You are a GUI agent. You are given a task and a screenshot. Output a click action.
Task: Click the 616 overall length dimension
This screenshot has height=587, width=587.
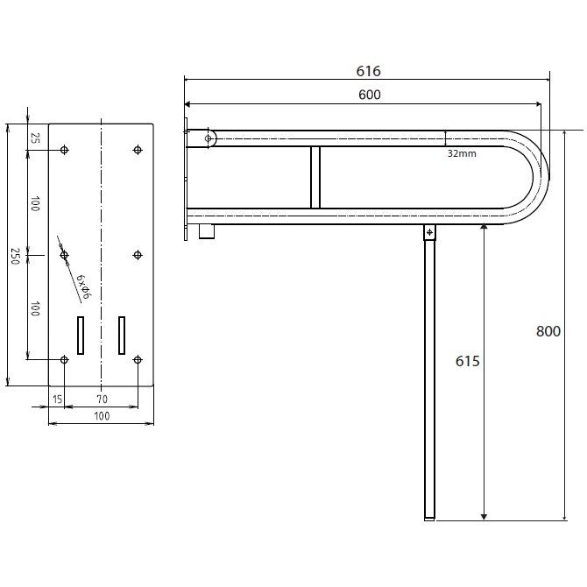368,71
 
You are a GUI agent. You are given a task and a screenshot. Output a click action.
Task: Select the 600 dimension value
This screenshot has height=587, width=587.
370,95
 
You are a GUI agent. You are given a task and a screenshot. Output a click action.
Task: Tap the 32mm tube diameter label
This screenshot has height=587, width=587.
462,153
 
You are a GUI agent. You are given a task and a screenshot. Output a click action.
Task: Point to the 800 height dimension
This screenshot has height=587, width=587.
548,331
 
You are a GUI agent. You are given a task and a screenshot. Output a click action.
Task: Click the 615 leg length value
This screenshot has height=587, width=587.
467,361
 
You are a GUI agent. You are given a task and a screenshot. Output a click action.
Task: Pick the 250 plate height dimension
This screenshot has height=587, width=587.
15,256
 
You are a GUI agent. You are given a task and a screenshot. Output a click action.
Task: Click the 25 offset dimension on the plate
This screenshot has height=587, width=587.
35,138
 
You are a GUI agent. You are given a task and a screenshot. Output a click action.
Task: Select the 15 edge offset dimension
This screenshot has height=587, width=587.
57,399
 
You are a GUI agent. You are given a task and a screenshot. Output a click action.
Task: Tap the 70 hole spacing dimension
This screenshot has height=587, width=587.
103,399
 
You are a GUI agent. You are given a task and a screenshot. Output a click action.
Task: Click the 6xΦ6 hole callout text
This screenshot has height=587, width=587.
82,287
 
